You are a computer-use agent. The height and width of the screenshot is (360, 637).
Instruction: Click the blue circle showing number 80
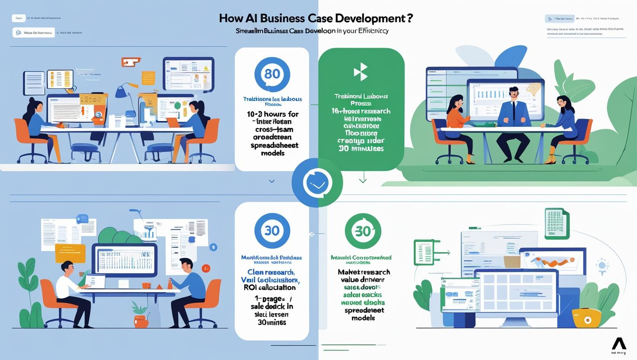point(272,74)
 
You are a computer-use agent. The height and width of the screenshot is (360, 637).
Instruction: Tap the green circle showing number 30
point(363,231)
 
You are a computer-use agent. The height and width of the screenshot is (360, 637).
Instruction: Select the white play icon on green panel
point(360,72)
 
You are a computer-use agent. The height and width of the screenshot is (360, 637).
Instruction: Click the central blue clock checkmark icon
point(317,183)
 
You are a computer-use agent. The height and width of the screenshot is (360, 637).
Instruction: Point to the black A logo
point(619,344)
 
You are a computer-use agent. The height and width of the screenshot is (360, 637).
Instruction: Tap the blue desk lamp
point(123,95)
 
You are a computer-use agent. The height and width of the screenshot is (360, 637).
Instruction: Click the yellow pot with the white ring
point(587,319)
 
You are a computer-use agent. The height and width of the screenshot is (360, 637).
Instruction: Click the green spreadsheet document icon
point(556,223)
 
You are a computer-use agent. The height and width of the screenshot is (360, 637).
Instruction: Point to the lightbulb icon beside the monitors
point(602,265)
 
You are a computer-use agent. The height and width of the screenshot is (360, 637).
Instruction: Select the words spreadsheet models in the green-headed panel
point(363,314)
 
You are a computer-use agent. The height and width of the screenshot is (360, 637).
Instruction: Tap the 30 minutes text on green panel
point(360,148)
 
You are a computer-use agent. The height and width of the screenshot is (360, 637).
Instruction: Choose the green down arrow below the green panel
point(363,179)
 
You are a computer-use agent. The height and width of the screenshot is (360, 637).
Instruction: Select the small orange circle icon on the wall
point(206,268)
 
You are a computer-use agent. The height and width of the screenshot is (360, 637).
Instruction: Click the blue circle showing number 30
point(272,231)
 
